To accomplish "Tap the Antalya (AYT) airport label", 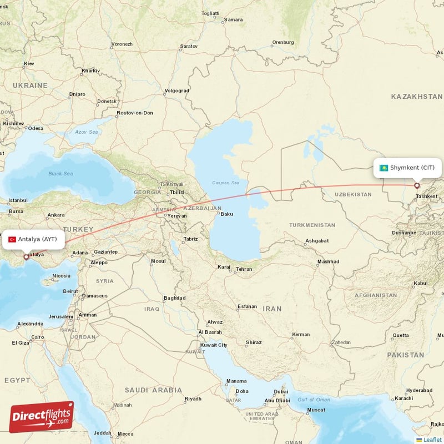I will pyautogui.click(x=37, y=239).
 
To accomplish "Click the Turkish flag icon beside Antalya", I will pyautogui.click(x=12, y=239).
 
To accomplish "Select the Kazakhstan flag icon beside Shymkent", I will pyautogui.click(x=384, y=168).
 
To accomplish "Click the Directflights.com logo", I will pyautogui.click(x=42, y=416).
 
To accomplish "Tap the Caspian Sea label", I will pyautogui.click(x=225, y=183).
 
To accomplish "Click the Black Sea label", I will pyautogui.click(x=60, y=174).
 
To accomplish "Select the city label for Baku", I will pyautogui.click(x=228, y=214).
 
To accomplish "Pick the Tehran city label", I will pyautogui.click(x=244, y=269).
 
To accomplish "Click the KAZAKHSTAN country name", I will pyautogui.click(x=416, y=97).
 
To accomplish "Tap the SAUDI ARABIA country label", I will pyautogui.click(x=153, y=390).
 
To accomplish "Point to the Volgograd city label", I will pyautogui.click(x=178, y=90).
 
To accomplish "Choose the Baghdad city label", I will pyautogui.click(x=174, y=298).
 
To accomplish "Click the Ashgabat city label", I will pyautogui.click(x=316, y=241).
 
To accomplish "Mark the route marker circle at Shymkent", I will pyautogui.click(x=417, y=186).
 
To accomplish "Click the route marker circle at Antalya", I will pyautogui.click(x=26, y=257).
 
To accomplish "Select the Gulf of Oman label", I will pyautogui.click(x=315, y=400).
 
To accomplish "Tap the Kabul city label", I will pyautogui.click(x=420, y=283).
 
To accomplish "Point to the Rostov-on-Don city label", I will pyautogui.click(x=134, y=113).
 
